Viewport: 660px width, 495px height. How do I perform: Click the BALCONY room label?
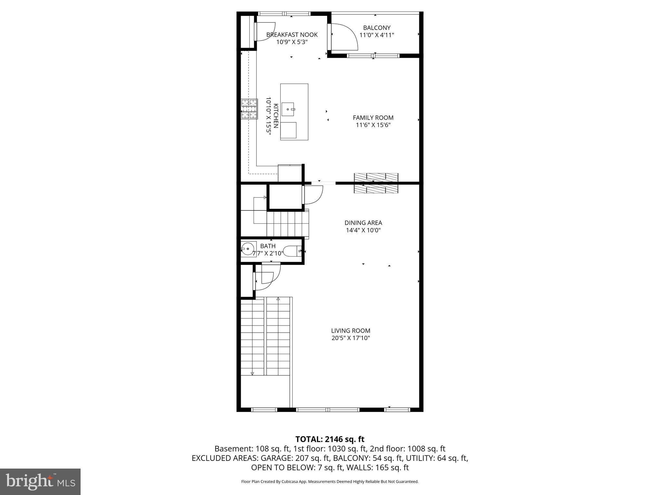tap(376, 28)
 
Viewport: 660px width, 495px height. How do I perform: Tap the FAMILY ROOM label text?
tap(373, 118)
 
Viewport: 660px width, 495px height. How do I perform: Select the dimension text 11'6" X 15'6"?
tap(373, 125)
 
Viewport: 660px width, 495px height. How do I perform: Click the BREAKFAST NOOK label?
tap(292, 34)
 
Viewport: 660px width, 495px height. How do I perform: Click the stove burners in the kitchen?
tap(249, 109)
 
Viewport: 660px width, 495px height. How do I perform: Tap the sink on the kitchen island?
tap(288, 109)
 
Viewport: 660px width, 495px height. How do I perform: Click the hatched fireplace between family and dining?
tap(376, 183)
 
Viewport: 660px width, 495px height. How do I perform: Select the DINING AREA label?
tap(363, 223)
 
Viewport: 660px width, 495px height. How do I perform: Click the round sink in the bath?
tap(247, 249)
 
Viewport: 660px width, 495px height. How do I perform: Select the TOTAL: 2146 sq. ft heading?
tap(330, 439)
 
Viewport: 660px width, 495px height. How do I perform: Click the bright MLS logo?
tap(40, 482)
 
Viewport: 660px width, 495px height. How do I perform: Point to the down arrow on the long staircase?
tap(252, 374)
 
